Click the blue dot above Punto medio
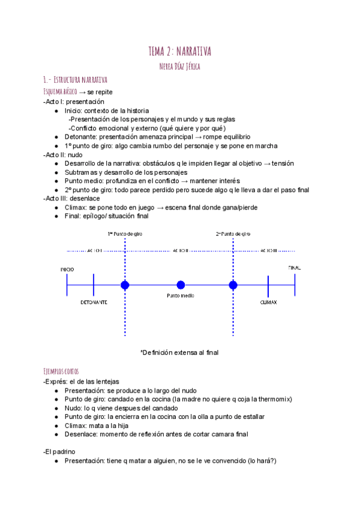[x=181, y=285]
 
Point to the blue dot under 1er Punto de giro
[x=125, y=285]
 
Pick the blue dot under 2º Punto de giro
[x=233, y=285]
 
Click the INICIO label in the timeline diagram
[x=67, y=270]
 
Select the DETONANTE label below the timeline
[x=94, y=303]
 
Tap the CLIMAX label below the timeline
[x=268, y=303]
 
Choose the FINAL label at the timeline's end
[x=294, y=268]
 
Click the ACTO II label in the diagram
[x=180, y=250]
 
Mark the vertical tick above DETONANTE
[x=94, y=285]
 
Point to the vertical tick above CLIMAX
[x=268, y=285]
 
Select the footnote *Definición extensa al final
[x=179, y=352]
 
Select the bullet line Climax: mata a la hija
[x=98, y=425]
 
